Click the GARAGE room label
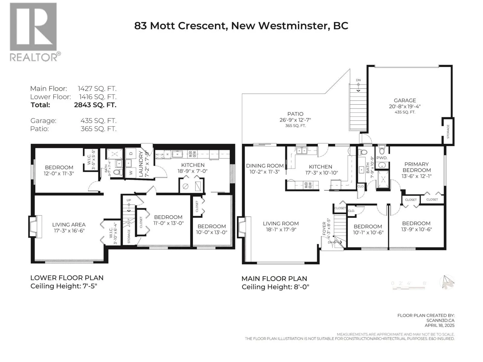tap(405, 100)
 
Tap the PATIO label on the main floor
tap(295, 114)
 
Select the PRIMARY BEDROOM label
tap(416, 167)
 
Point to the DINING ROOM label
tap(265, 166)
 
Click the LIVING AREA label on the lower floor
tap(69, 225)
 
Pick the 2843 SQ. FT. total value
tap(95, 105)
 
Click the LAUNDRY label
tap(141, 164)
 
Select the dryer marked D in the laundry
tap(131, 154)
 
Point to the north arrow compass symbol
tap(447, 282)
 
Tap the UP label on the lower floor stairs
tap(129, 200)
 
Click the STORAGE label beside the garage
tap(448, 132)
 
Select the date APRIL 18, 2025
tap(440, 325)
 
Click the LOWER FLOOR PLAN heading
tap(67, 278)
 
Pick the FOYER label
tap(324, 229)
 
